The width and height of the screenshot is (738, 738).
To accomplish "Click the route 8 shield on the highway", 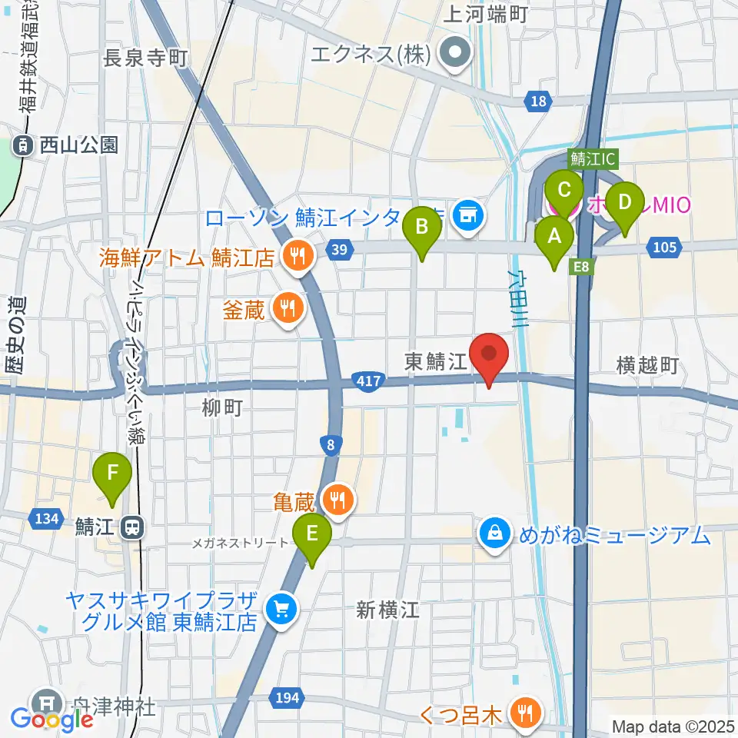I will (x=330, y=444).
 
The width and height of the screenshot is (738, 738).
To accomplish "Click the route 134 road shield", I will (x=47, y=519).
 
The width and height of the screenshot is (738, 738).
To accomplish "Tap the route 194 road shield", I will (x=284, y=697).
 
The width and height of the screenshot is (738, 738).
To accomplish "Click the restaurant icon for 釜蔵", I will (x=288, y=309).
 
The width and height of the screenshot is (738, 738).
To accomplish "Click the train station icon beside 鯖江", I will (x=133, y=528).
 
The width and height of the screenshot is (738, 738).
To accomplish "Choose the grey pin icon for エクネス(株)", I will (x=455, y=53).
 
